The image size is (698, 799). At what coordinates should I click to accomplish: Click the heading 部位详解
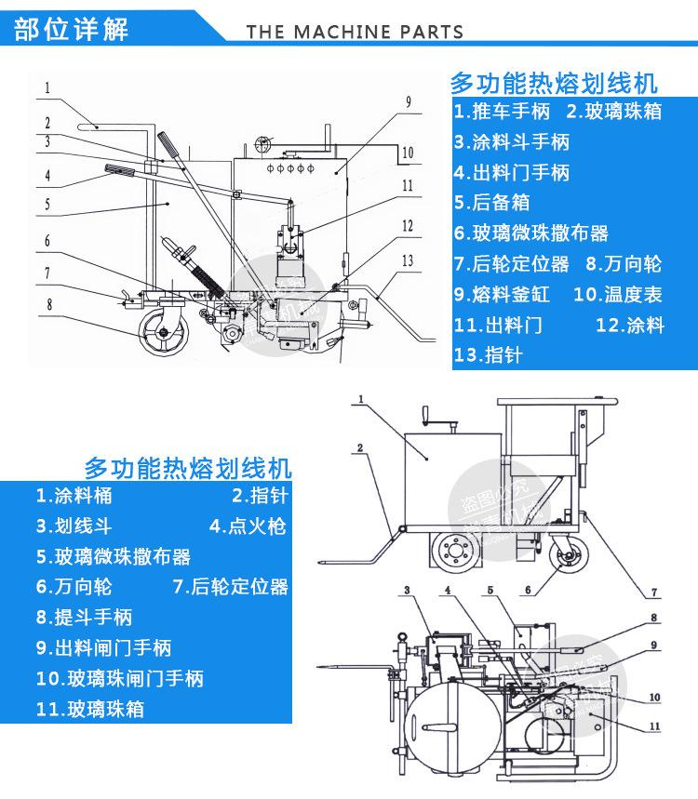72,27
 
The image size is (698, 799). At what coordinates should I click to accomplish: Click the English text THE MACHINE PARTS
355,32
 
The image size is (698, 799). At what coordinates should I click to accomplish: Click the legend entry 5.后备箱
498,203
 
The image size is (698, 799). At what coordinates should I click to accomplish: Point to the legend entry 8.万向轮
624,264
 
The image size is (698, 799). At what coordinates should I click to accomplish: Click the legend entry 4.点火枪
248,526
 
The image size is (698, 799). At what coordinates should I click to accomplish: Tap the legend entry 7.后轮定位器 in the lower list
231,587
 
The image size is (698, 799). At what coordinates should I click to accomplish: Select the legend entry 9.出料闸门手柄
104,647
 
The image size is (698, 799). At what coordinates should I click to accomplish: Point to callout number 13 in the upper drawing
407,261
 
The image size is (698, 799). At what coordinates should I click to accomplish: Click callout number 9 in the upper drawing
408,100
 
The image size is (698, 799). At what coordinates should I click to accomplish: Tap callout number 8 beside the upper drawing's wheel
48,303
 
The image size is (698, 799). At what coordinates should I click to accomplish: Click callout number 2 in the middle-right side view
358,447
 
